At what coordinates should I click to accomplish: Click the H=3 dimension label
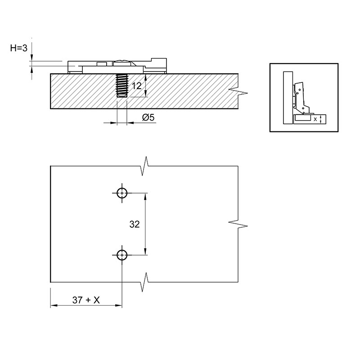(x=19, y=48)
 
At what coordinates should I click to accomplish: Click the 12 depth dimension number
(x=137, y=86)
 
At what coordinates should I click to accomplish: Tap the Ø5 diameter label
(x=148, y=117)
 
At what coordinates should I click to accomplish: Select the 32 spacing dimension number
(x=135, y=224)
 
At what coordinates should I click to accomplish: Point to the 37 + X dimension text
(x=86, y=300)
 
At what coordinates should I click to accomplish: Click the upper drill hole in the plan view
(x=122, y=193)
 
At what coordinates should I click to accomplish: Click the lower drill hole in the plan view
(x=122, y=255)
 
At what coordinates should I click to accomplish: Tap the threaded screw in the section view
(x=122, y=85)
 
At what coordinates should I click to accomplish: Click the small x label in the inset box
(x=315, y=119)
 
